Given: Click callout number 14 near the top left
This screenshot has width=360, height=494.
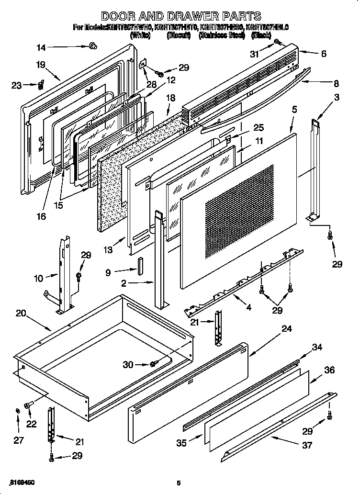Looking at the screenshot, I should click(x=42, y=47).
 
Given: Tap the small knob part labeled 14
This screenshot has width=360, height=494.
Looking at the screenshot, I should click(x=92, y=45).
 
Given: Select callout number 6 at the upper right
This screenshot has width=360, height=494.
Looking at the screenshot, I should click(x=324, y=54).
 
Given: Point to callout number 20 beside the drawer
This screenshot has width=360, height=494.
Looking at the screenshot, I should click(x=21, y=314).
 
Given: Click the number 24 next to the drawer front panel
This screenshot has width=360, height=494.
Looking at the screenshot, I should click(x=286, y=328).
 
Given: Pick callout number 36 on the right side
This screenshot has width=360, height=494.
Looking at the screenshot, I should click(x=329, y=370).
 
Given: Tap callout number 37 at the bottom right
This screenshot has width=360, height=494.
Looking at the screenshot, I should click(x=307, y=445).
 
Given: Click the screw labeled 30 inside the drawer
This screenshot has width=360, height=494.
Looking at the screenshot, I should click(x=153, y=365).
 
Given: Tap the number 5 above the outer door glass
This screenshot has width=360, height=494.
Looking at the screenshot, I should click(x=294, y=110).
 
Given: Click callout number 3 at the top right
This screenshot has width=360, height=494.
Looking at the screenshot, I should click(x=337, y=98).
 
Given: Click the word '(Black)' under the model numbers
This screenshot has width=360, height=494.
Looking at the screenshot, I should click(x=262, y=35).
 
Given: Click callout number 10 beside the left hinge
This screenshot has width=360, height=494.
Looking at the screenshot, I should click(x=38, y=277).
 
